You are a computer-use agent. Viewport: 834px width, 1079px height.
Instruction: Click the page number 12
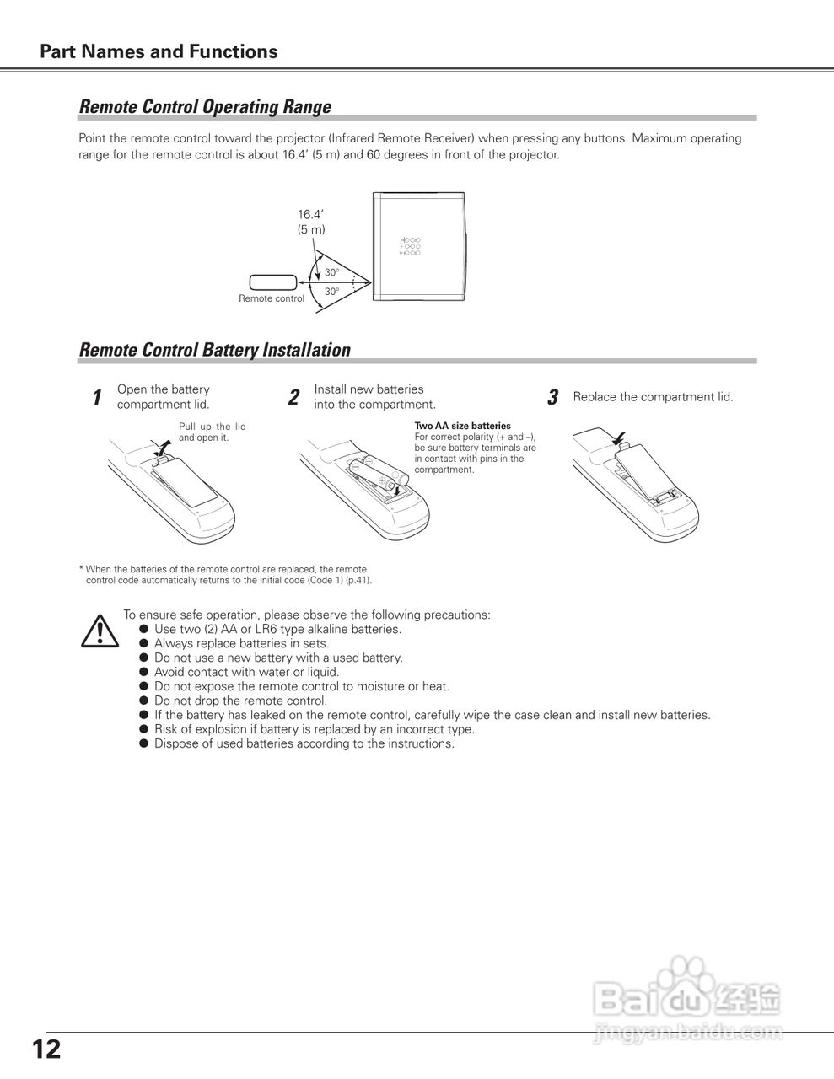pyautogui.click(x=46, y=1049)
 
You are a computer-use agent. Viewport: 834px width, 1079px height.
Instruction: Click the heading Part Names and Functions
pyautogui.click(x=159, y=51)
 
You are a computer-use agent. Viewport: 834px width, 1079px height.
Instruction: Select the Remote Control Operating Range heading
pyautogui.click(x=205, y=107)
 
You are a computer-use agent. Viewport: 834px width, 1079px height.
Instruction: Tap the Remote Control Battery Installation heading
pyautogui.click(x=214, y=350)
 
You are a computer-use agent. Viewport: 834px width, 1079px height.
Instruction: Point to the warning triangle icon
pyautogui.click(x=100, y=631)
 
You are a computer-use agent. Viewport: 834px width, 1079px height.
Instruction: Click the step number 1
pyautogui.click(x=97, y=398)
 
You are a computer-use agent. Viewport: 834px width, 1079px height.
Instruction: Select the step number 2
pyautogui.click(x=293, y=398)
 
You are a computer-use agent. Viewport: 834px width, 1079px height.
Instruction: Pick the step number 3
pyautogui.click(x=552, y=398)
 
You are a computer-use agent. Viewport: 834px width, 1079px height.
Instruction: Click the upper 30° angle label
pyautogui.click(x=332, y=272)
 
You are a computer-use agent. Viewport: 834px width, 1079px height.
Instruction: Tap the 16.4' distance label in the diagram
pyautogui.click(x=310, y=214)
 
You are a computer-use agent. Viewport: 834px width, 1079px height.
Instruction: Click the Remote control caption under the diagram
pyautogui.click(x=272, y=299)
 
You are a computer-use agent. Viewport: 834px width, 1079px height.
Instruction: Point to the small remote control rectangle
pyautogui.click(x=272, y=282)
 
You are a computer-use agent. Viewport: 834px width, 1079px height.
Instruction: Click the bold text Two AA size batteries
pyautogui.click(x=462, y=426)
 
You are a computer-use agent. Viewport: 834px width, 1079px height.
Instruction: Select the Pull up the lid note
pyautogui.click(x=212, y=432)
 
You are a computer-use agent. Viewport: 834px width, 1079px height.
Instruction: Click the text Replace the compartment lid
pyautogui.click(x=653, y=397)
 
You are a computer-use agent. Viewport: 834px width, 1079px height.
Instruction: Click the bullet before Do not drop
pyautogui.click(x=144, y=701)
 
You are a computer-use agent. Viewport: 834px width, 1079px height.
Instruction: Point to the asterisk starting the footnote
pyautogui.click(x=81, y=569)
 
